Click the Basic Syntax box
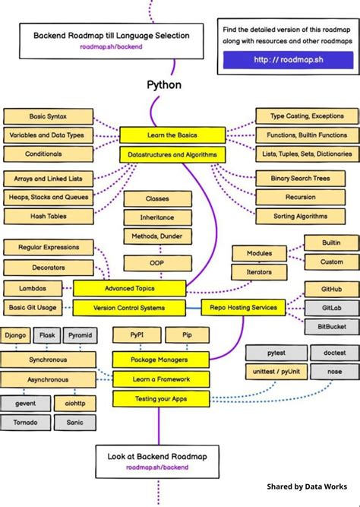49,116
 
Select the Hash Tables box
49,216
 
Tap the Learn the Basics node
172,135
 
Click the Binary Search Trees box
300,178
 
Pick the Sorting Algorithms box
300,216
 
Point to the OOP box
157,263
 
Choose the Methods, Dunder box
157,236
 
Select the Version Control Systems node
129,308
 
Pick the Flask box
47,334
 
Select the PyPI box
134,334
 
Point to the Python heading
164,84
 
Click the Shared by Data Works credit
306,486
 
